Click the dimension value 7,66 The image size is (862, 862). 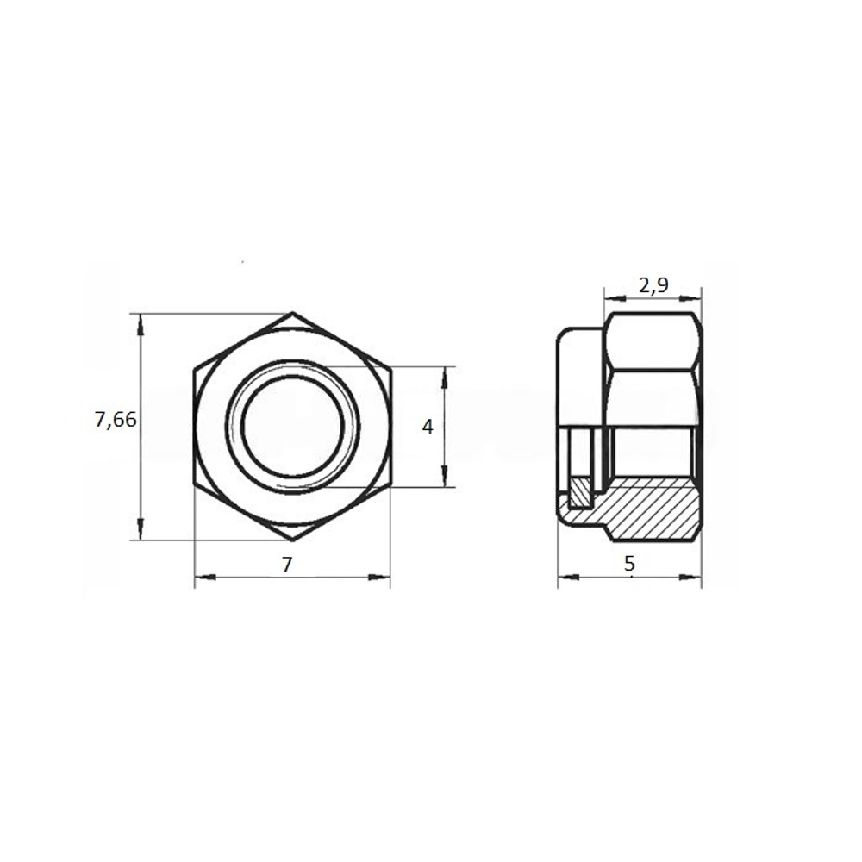click(116, 421)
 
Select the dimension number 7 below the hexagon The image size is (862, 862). click(287, 565)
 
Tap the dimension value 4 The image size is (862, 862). click(428, 427)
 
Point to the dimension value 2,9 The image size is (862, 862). click(653, 286)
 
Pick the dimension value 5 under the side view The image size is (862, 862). click(629, 564)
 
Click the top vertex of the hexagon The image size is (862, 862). click(292, 313)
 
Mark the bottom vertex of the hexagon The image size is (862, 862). click(292, 540)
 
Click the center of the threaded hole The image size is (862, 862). click(292, 427)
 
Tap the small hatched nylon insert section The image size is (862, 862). click(580, 492)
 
